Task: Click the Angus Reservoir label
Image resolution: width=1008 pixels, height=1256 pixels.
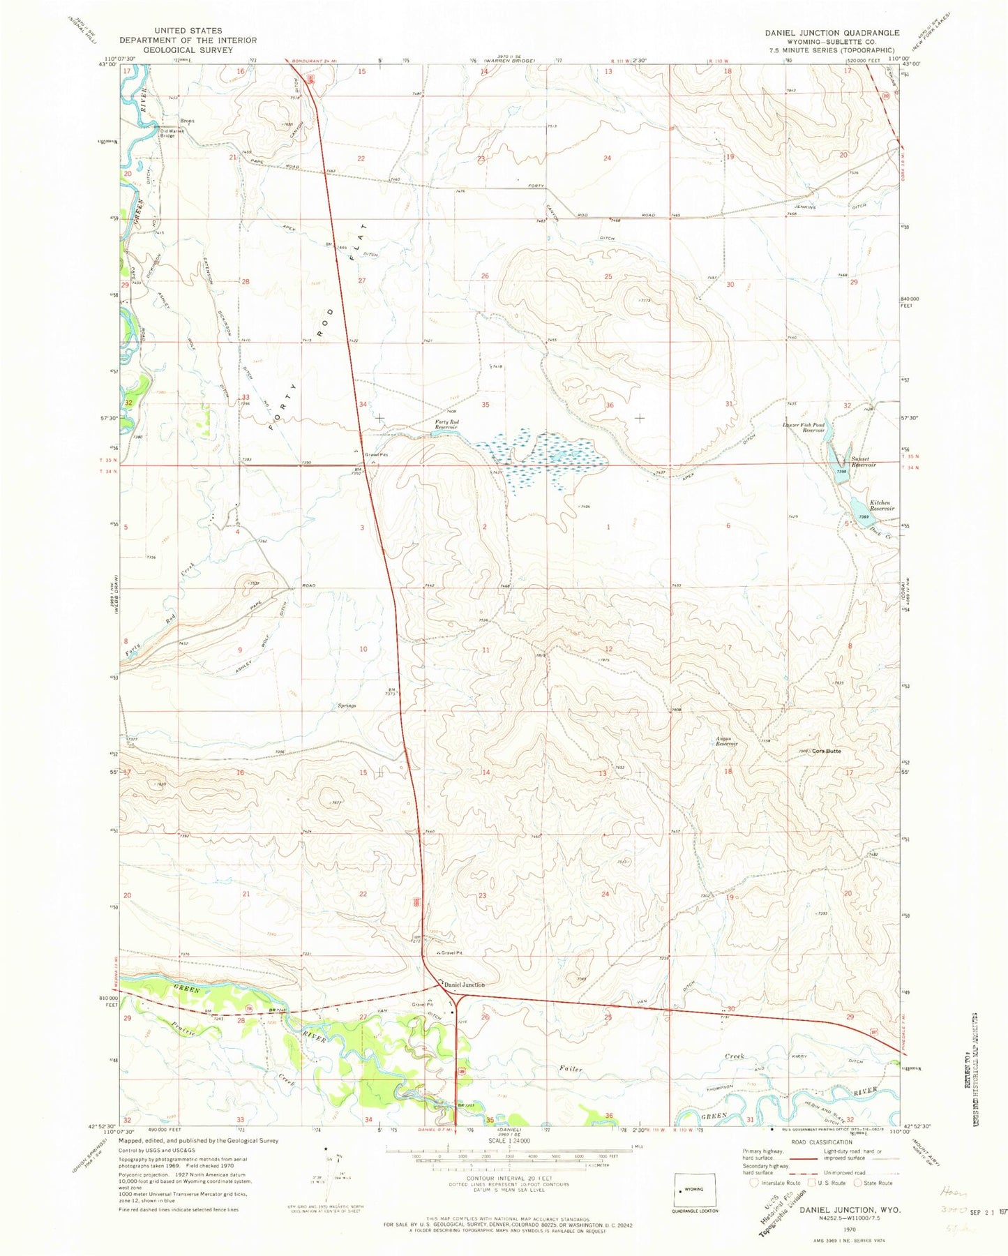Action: pos(725,741)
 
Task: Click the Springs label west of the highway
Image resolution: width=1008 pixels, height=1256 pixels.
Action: pos(347,706)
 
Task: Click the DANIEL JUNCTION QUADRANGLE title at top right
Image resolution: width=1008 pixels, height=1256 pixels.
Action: pos(832,33)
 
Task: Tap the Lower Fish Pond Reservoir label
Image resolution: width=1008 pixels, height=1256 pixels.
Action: pos(804,427)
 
